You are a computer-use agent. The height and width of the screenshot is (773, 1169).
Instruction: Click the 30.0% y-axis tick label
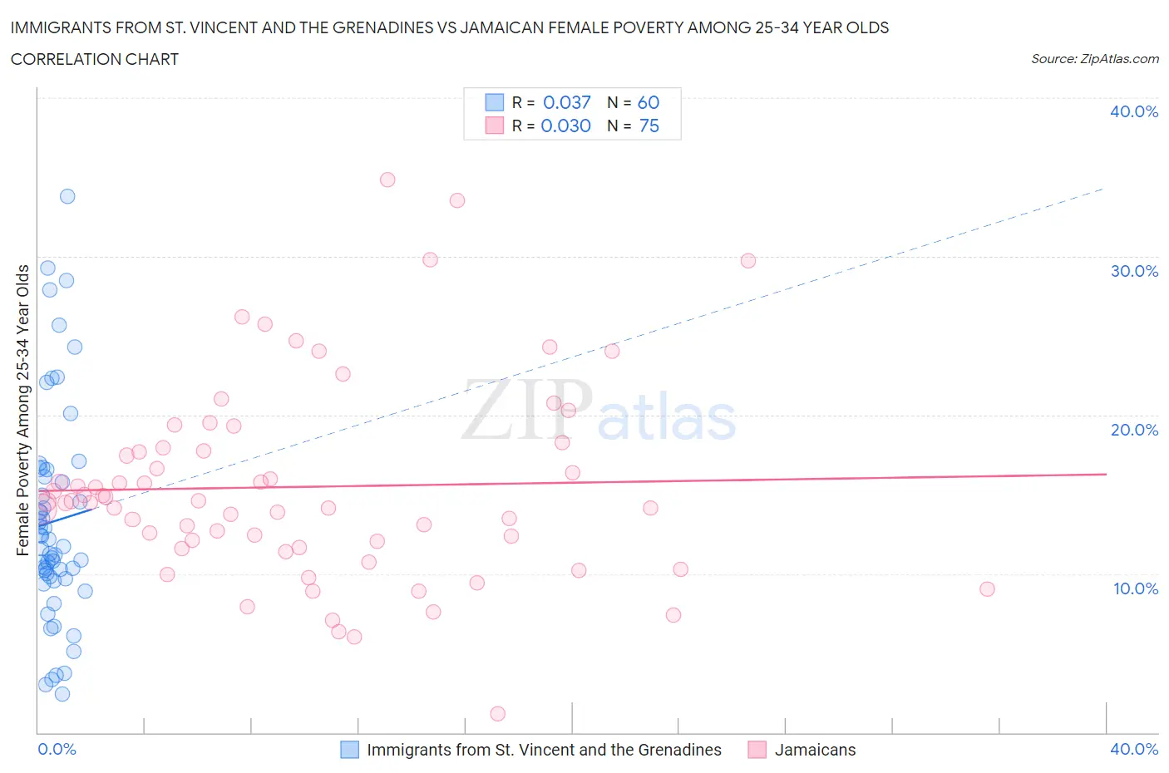point(1134,271)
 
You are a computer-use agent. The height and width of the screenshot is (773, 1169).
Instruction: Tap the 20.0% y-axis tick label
point(1134,430)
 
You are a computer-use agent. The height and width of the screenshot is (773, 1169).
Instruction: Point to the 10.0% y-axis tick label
point(1134,588)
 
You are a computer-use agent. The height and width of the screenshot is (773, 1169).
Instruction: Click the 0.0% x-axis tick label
point(57,749)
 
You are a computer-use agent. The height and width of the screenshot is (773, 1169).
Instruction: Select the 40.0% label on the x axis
point(1134,749)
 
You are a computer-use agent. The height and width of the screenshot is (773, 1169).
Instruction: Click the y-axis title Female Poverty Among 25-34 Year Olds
point(22,410)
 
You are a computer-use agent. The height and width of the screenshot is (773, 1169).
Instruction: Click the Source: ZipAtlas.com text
point(1094,59)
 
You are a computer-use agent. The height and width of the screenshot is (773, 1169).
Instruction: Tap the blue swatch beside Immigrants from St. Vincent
point(350,750)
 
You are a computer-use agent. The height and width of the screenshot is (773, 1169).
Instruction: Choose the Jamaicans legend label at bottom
point(815,750)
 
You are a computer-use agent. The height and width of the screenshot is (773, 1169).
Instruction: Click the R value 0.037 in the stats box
point(566,102)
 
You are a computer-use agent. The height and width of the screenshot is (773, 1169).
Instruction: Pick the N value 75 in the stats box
point(649,126)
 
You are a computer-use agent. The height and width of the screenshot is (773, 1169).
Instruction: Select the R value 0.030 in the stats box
point(565,126)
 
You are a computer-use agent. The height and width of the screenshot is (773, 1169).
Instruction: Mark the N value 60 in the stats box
point(648,102)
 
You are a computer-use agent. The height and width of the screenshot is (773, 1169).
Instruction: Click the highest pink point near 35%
point(387,180)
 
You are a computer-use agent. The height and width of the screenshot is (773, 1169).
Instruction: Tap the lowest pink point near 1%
point(498,713)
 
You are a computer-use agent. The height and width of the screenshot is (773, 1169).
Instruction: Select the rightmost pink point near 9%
point(987,588)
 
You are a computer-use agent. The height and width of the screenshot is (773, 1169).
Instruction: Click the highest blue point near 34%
point(67,196)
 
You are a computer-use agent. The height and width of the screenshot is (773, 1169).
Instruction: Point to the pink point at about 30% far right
point(748,261)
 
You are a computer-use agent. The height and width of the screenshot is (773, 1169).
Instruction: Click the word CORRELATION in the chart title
point(59,59)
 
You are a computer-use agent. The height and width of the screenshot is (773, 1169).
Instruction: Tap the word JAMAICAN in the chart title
point(579,27)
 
